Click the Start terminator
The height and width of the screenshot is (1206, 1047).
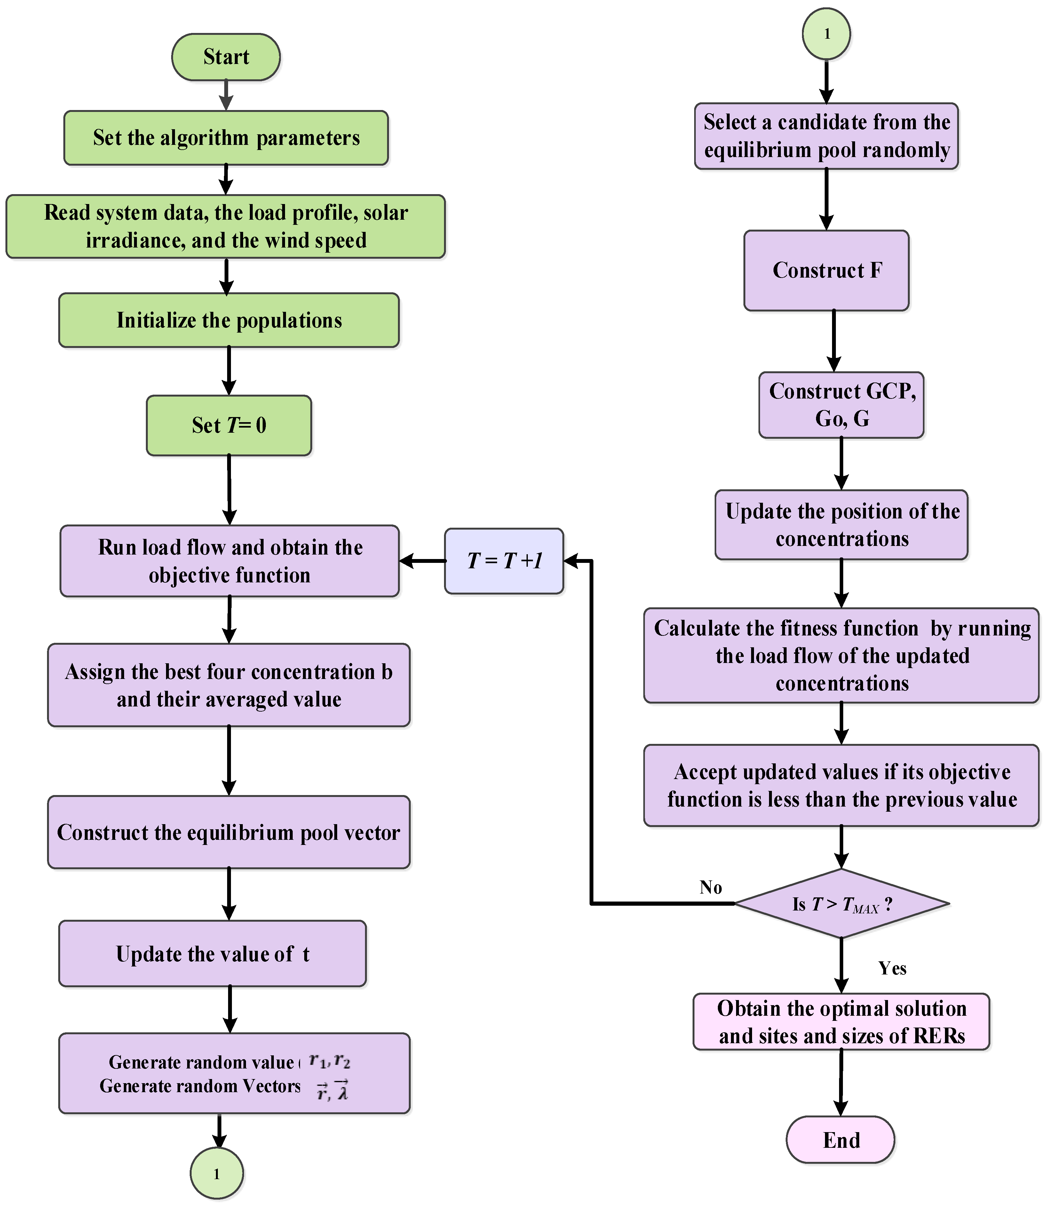226,57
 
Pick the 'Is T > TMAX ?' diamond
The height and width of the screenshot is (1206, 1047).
841,903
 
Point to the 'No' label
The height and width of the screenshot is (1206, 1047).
710,887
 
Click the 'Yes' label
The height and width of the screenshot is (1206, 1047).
892,968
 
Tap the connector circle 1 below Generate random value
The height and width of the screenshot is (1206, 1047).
217,1173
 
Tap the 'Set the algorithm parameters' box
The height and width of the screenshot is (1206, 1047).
226,138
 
